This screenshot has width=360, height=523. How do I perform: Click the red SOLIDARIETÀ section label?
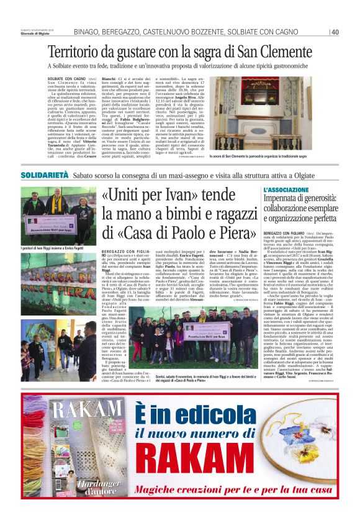45,175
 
